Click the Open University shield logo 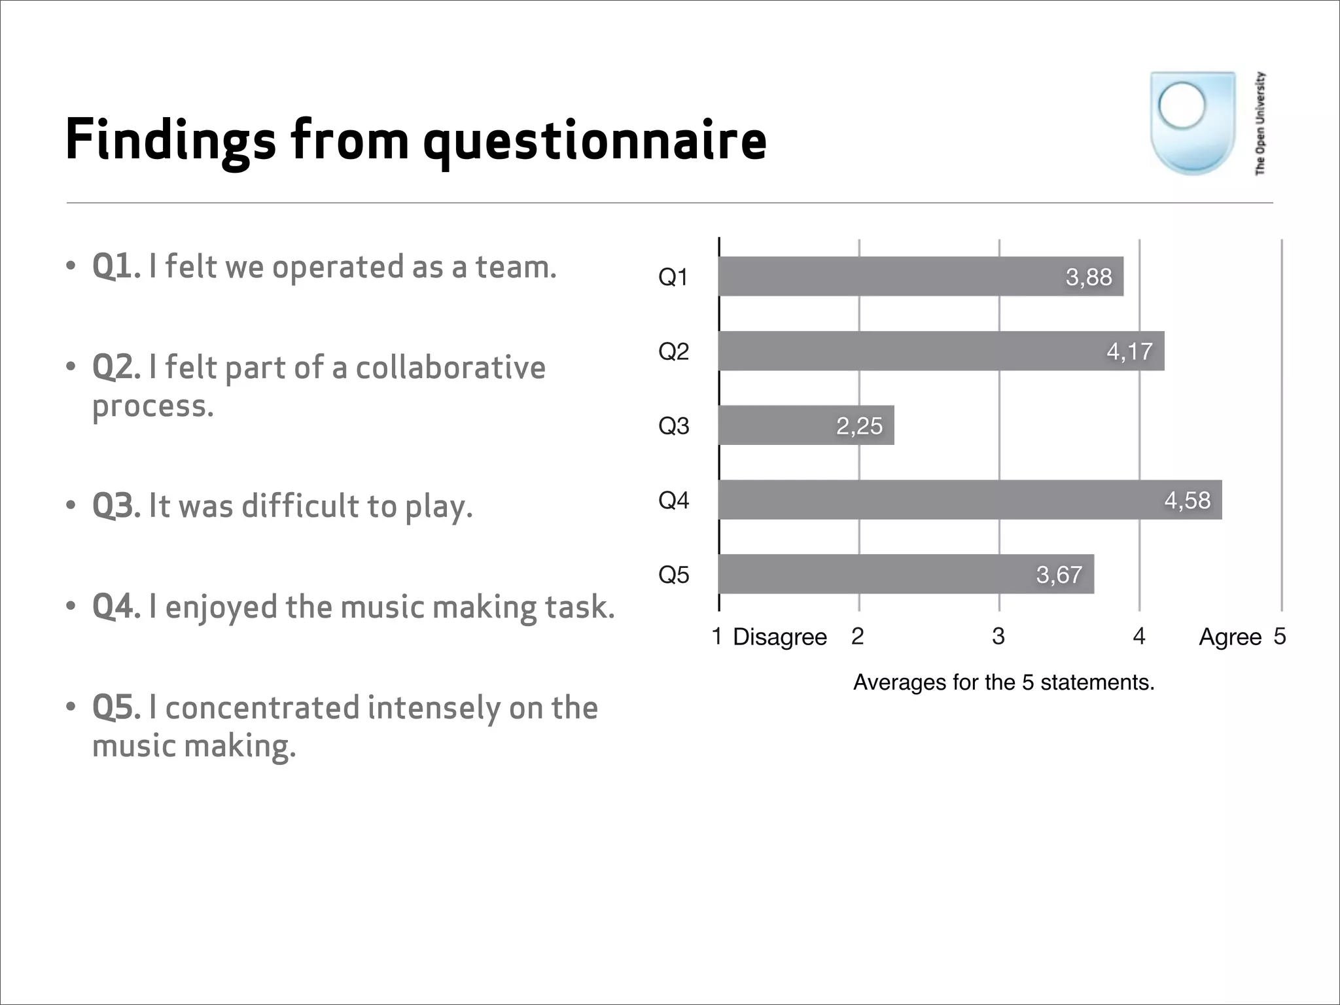click(1192, 123)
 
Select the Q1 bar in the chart click(916, 276)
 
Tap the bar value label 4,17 click(1129, 351)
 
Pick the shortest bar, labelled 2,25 click(806, 425)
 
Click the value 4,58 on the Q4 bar click(1187, 500)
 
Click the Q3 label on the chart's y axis click(673, 426)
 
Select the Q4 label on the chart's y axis click(673, 501)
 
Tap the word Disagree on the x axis click(779, 637)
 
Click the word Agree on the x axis click(1229, 637)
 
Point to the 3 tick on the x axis click(998, 636)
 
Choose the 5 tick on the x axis click(1280, 636)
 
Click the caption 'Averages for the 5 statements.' click(1003, 682)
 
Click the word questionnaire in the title click(594, 140)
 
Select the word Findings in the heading click(171, 140)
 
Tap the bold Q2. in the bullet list click(116, 367)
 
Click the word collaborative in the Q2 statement click(450, 367)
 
